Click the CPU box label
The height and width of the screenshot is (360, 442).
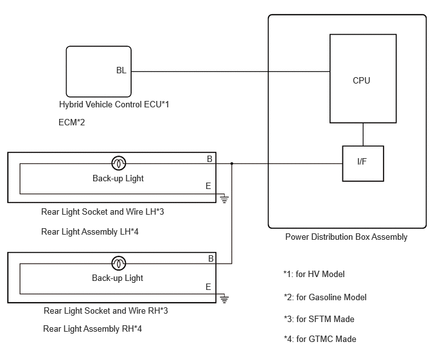click(x=361, y=80)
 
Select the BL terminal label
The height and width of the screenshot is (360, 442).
click(x=121, y=70)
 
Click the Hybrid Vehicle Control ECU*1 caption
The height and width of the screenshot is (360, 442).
click(x=114, y=104)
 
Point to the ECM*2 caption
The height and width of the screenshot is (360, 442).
click(x=71, y=122)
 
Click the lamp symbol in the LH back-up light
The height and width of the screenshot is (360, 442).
click(x=119, y=163)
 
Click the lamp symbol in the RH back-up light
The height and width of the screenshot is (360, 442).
click(x=119, y=263)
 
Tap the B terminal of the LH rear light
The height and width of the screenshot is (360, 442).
click(x=209, y=159)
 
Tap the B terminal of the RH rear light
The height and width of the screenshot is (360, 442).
click(x=211, y=258)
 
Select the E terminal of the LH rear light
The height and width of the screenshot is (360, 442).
click(x=208, y=186)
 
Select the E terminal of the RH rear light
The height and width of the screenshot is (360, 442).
click(x=208, y=287)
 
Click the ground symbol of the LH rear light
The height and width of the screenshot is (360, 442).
click(x=224, y=199)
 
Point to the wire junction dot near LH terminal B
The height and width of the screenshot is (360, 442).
click(x=232, y=163)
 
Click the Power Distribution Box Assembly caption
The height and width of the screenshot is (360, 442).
click(x=346, y=237)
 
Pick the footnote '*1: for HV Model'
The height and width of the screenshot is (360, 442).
click(x=314, y=274)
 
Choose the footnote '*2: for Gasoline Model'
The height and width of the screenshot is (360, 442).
click(x=325, y=297)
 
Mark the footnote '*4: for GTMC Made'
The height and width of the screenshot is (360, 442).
click(x=320, y=339)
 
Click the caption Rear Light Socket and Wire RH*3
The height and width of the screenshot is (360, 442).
click(x=106, y=310)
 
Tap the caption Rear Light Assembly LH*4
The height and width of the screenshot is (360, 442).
click(x=90, y=231)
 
